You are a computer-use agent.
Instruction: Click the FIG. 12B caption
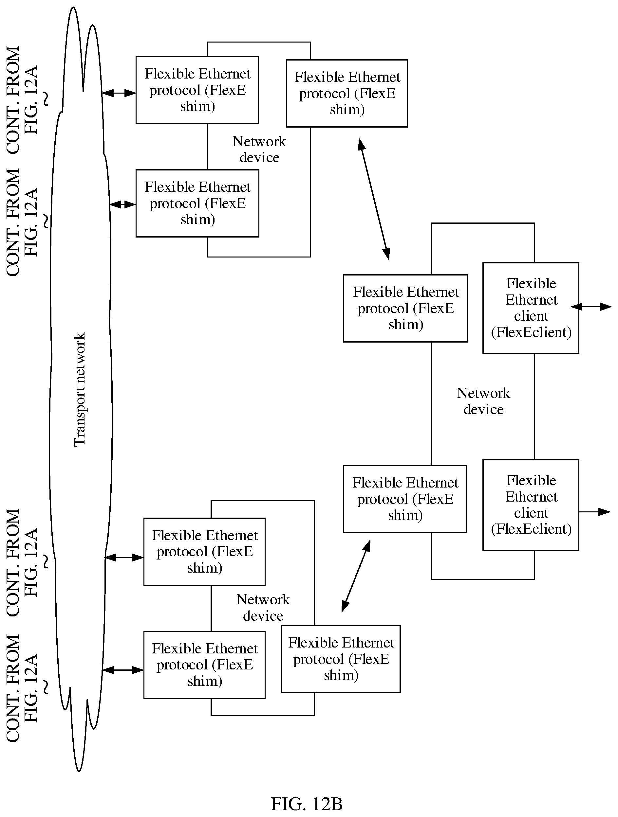pos(307,804)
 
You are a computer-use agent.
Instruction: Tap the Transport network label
pos(80,389)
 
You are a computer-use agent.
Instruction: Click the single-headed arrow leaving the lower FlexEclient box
pos(594,511)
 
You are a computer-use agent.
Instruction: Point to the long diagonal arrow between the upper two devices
pos(374,199)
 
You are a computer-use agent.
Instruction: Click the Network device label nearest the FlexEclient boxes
pos(483,401)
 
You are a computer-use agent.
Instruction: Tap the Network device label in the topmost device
pos(259,149)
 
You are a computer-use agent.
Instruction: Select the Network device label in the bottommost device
pos(263,608)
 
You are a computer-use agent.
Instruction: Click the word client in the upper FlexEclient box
pos(531,316)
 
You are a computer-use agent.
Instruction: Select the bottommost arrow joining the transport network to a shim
pos(123,670)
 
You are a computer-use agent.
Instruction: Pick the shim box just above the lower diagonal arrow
pos(405,499)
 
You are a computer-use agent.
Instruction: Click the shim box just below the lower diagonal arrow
pos(341,659)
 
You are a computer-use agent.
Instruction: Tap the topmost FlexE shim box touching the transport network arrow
pos(197,90)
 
